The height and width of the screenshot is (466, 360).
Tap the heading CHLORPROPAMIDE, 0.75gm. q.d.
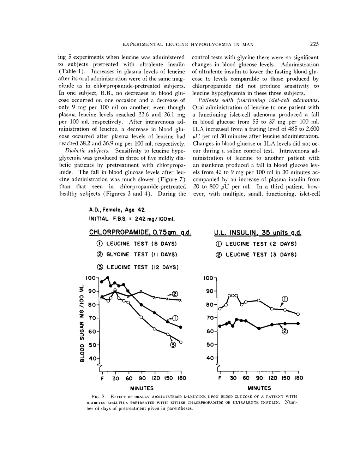140,233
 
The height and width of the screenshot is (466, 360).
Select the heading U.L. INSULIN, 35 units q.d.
258,233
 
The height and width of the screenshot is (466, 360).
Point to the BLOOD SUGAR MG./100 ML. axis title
82,323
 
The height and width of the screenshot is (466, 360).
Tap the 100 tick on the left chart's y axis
91,278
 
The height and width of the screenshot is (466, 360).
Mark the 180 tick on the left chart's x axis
181,378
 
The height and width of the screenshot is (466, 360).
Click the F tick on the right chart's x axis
220,378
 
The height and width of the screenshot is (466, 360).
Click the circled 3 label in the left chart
173,345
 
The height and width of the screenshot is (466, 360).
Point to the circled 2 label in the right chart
284,331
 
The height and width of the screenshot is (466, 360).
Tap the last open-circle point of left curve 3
181,342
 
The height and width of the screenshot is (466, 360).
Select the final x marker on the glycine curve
180,300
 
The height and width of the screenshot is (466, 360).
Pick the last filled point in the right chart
298,323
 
